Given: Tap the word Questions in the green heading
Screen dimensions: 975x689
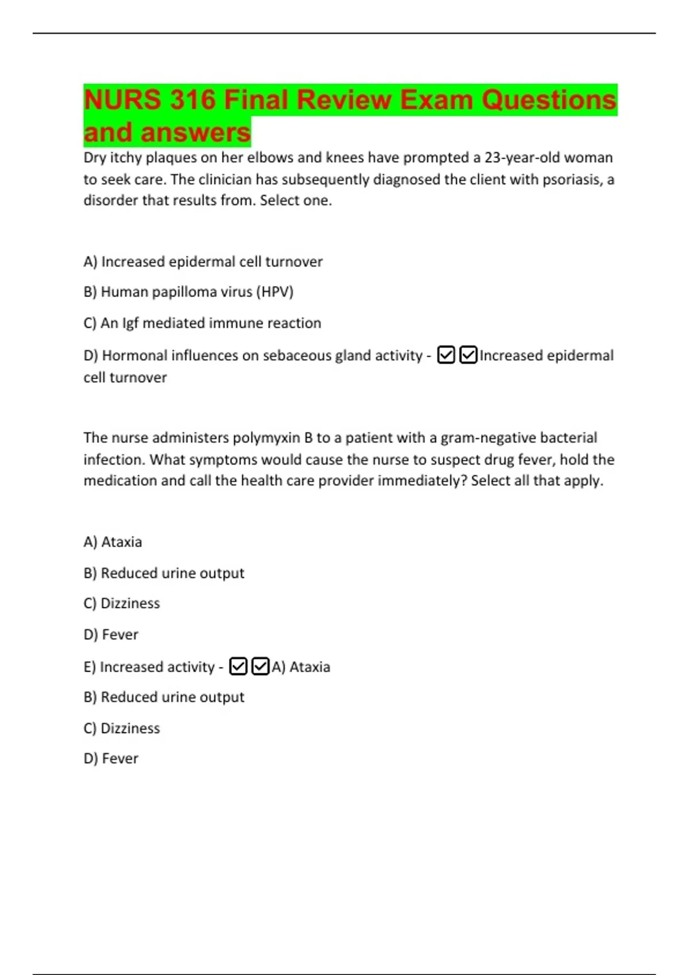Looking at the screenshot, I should coord(549,100).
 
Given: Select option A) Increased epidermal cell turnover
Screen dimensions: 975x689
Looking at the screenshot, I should coord(203,262).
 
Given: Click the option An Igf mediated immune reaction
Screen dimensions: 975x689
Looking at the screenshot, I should coord(202,323).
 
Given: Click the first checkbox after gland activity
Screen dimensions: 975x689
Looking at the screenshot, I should coord(446,356).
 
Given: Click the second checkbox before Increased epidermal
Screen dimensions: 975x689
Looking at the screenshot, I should coord(469,356).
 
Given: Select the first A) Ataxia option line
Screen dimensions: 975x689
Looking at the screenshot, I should coord(113,542).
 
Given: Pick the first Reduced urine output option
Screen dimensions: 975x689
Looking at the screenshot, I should coord(164,573).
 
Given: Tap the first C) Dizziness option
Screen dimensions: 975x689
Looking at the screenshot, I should coord(122,603).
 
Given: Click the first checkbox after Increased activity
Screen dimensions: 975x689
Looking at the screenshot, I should coord(238,666).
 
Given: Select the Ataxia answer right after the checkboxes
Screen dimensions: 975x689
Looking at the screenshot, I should coord(301,667).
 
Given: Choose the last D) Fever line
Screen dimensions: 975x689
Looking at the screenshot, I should coord(111,759).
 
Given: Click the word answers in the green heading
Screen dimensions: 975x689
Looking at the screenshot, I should coord(196,132).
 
